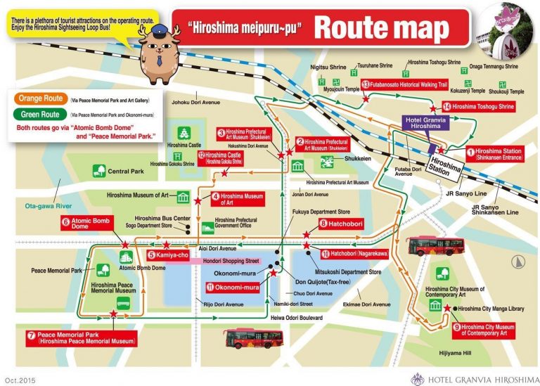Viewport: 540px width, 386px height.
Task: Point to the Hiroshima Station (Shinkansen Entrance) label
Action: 498,154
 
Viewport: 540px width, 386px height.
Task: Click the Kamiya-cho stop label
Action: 167,255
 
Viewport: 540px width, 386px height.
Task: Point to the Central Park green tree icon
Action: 98,170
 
